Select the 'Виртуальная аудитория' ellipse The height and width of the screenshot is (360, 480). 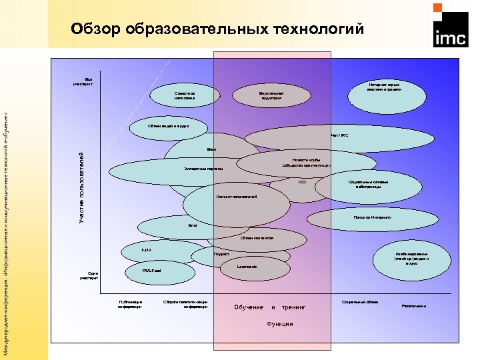point(271,95)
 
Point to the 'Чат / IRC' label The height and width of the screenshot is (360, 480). point(339,135)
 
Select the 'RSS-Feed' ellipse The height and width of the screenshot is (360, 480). point(152,271)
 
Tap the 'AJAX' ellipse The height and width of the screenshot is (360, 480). point(147,251)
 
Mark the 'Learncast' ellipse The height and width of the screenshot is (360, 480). point(247,266)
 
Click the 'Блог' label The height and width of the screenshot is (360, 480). point(193,225)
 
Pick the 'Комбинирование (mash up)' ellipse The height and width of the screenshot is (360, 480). point(411,259)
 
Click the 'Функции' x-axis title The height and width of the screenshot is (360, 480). point(279,324)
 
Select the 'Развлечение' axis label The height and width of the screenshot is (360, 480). point(413,306)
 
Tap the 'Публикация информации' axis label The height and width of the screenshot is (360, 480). point(130,304)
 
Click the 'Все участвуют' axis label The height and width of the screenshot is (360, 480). point(87,81)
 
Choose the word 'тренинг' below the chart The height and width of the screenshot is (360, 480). point(293,307)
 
